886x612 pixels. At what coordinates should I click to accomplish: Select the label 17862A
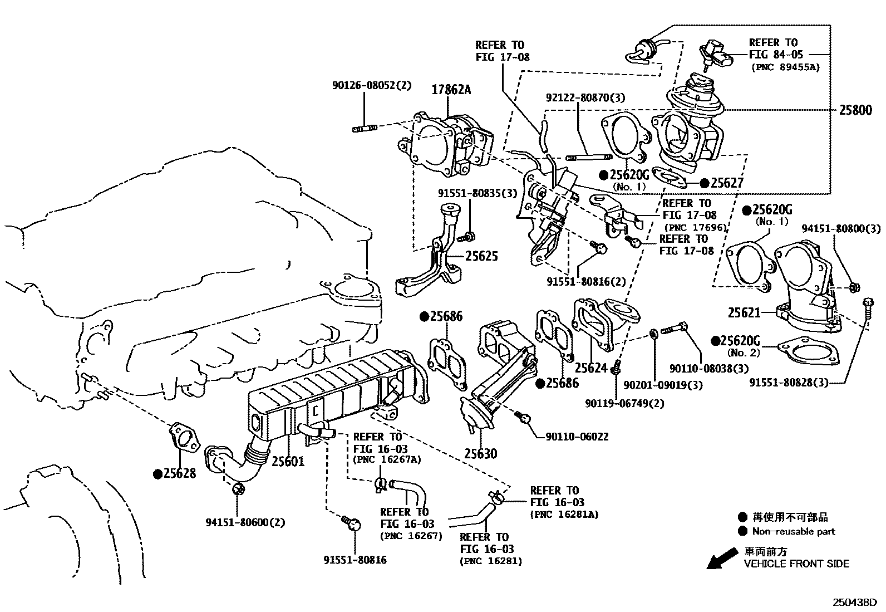[451, 89]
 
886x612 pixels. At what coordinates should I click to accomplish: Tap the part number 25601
[288, 461]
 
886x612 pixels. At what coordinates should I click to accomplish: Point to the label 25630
[480, 454]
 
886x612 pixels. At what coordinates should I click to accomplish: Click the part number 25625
[481, 256]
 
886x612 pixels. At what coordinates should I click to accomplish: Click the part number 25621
[744, 313]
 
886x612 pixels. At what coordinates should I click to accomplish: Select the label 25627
[727, 183]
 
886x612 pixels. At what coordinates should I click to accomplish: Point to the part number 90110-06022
[577, 437]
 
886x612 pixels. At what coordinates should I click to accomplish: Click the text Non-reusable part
[793, 531]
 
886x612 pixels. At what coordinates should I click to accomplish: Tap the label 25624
[590, 368]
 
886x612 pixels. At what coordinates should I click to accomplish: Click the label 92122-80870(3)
[585, 97]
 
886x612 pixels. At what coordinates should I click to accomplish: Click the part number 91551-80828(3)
[789, 383]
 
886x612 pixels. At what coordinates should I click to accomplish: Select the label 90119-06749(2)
[624, 403]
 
